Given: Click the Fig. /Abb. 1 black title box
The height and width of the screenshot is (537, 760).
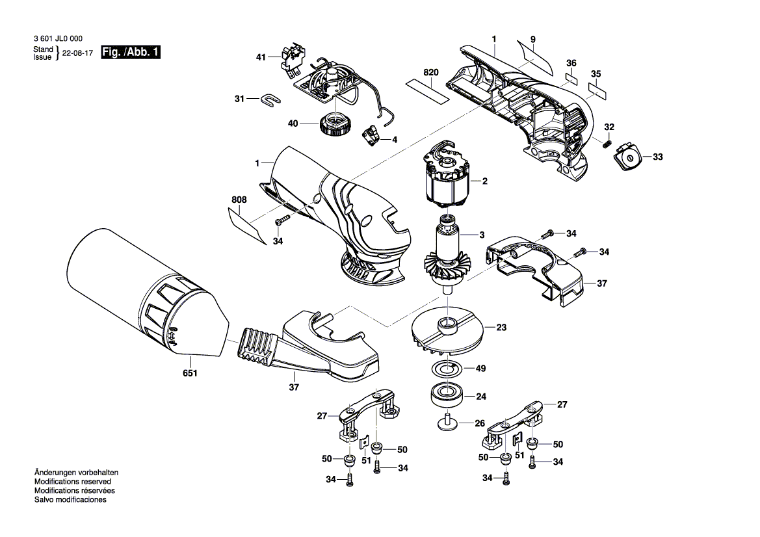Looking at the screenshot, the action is [x=131, y=52].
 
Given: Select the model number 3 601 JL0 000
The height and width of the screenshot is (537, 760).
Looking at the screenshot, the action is [x=58, y=38].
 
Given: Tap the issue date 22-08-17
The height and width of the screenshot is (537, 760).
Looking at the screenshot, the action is [x=77, y=53].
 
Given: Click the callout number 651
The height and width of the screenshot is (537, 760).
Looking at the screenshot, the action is [x=190, y=373].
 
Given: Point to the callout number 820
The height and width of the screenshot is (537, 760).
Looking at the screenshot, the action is [x=431, y=72].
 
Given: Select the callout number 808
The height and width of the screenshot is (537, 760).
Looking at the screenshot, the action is [x=239, y=200].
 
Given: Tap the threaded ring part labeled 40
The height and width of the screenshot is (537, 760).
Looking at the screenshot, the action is [x=334, y=125].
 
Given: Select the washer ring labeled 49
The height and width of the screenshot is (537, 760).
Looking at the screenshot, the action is [x=447, y=369].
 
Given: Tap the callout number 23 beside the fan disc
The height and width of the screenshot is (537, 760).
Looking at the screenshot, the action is [x=501, y=328].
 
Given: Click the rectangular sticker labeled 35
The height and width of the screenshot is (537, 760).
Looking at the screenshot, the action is [x=597, y=90].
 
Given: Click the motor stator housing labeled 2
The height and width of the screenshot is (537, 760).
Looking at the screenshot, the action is [x=447, y=177].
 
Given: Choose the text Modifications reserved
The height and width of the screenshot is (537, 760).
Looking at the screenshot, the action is [x=73, y=482].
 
